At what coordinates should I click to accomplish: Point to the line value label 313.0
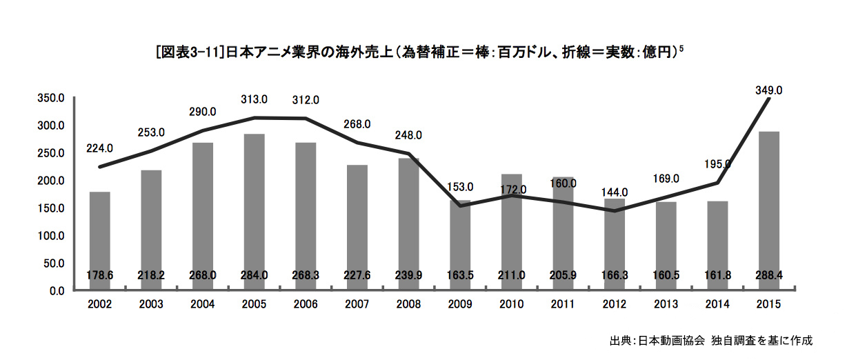255,99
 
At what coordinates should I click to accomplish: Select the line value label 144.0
615,192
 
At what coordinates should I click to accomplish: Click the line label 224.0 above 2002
100,148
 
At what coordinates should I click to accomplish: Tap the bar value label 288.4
768,275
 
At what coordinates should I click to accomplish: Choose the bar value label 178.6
100,275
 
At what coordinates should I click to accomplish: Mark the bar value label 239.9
409,275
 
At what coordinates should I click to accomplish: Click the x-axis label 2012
615,303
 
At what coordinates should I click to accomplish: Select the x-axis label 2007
357,303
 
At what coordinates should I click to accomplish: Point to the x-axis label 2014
717,303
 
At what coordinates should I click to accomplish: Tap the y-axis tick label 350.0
52,99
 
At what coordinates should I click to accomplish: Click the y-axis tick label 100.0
52,236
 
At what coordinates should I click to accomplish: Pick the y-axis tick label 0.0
57,291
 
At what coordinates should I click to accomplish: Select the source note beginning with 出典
711,341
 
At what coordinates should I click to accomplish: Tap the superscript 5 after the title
682,48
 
